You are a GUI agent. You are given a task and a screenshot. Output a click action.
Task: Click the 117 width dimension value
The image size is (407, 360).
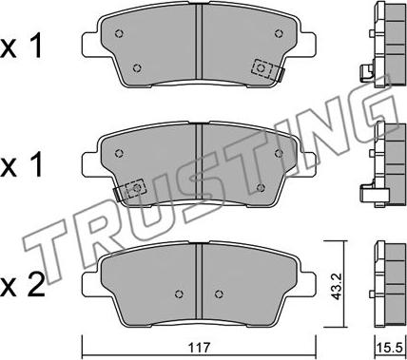[x=201, y=348]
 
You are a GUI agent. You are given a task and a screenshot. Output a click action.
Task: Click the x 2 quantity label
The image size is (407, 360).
[x=22, y=285]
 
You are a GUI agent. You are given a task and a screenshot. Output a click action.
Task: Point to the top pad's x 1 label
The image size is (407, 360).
[x=21, y=47]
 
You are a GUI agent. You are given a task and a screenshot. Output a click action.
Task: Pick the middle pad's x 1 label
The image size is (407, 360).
[x=21, y=164]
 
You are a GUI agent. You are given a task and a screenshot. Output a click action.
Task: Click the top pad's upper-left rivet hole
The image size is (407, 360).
[x=119, y=33]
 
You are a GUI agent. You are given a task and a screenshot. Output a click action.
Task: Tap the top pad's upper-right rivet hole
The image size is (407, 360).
[x=279, y=33]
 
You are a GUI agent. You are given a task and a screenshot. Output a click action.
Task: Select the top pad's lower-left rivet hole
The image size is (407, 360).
[x=137, y=67]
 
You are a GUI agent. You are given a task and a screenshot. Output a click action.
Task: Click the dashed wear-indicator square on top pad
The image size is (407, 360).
[x=262, y=68]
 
